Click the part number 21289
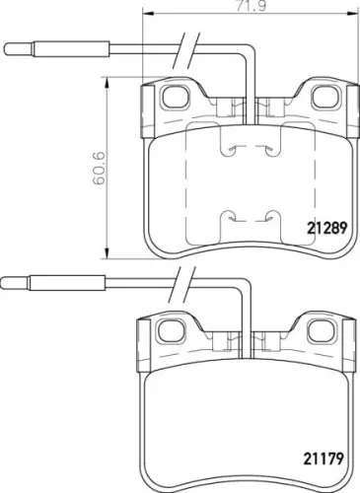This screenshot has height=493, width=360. coord(326,228)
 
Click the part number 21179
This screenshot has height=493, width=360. coord(324,458)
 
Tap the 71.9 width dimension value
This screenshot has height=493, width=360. coord(251,6)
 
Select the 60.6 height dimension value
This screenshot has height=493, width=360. coord(99,168)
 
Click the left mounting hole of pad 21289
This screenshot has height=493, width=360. coord(176,97)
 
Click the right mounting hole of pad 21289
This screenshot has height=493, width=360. coord(324,97)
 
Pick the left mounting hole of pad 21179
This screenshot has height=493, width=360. coord(171,331)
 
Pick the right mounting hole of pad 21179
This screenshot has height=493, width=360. coord(321,331)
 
